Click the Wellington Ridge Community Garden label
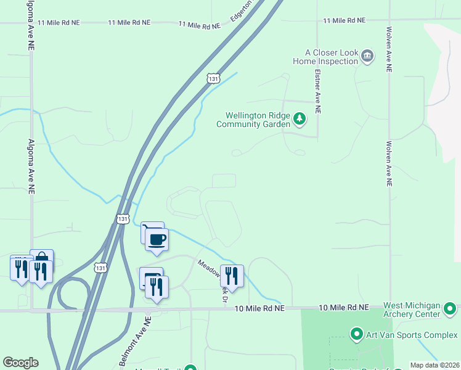tap(257, 120)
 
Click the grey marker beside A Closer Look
tap(367, 57)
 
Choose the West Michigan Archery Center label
tap(412, 310)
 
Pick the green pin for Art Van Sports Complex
tap(356, 335)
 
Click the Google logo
tap(20, 363)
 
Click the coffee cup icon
tap(157, 239)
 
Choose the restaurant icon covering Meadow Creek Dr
tap(232, 276)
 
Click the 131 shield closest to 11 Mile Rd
tap(213, 78)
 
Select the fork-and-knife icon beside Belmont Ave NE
tap(157, 287)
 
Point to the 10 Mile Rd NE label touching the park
tap(344, 307)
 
